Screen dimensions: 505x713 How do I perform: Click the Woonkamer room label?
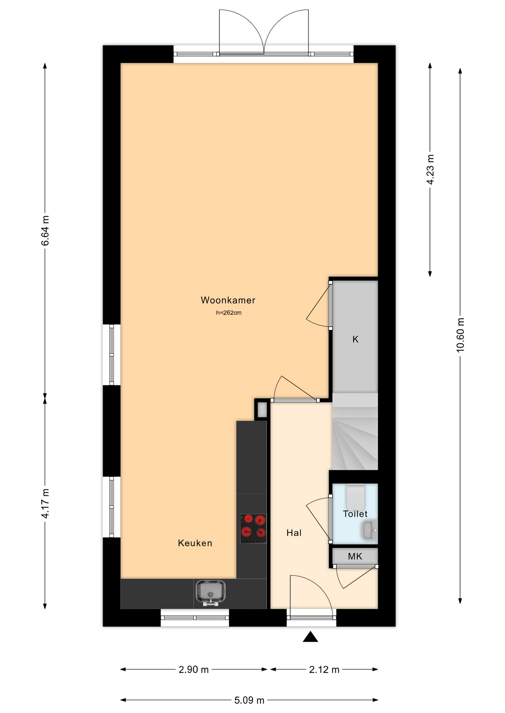(x=228, y=300)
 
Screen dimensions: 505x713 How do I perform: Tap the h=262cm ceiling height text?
(x=229, y=313)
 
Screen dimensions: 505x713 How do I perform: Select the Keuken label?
(x=195, y=543)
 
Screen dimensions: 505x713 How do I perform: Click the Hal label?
(x=294, y=533)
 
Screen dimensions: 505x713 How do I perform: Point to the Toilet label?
(x=355, y=514)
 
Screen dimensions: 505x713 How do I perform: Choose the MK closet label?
(x=355, y=556)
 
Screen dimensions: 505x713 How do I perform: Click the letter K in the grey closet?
(x=356, y=339)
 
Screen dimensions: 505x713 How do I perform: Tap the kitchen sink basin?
(x=210, y=593)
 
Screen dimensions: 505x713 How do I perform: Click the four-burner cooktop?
(x=253, y=528)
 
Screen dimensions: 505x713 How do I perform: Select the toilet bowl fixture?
(x=356, y=497)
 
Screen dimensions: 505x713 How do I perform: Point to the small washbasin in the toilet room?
(x=369, y=531)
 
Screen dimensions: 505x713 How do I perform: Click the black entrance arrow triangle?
(x=310, y=637)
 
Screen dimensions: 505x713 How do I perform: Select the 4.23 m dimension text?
(x=430, y=169)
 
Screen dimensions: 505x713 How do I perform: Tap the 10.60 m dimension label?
(x=460, y=335)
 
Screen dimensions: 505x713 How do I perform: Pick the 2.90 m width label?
(x=194, y=670)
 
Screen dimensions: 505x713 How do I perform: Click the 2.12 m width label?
(x=324, y=670)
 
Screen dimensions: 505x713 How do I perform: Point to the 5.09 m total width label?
(x=249, y=700)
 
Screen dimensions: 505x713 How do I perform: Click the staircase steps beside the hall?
(x=355, y=432)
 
